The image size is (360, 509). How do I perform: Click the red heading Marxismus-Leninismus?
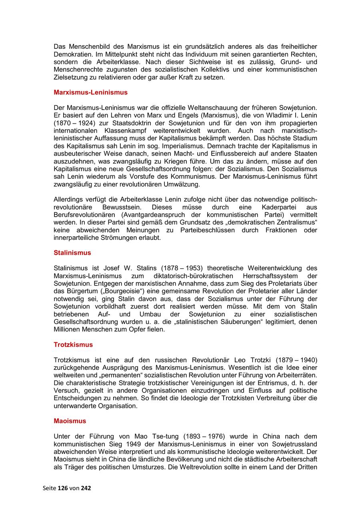point(90,92)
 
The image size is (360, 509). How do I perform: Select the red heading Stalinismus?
point(72,253)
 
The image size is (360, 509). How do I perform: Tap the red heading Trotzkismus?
point(73,345)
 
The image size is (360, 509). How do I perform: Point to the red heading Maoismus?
point(70,421)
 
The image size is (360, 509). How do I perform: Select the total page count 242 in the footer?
point(86,488)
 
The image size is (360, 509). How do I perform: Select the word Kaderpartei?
point(268,207)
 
